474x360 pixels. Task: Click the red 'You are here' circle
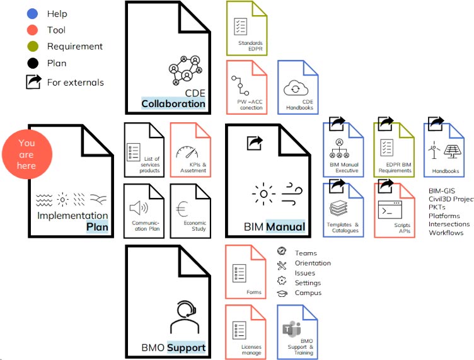(26, 154)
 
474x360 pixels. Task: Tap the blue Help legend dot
(33, 13)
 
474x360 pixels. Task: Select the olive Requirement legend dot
(33, 46)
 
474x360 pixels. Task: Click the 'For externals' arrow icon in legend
(33, 82)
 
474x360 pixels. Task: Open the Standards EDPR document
(246, 28)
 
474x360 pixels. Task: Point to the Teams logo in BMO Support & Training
(292, 328)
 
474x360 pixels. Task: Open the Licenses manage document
(246, 332)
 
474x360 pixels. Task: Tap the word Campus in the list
(308, 293)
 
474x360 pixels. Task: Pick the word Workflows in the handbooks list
(446, 233)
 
